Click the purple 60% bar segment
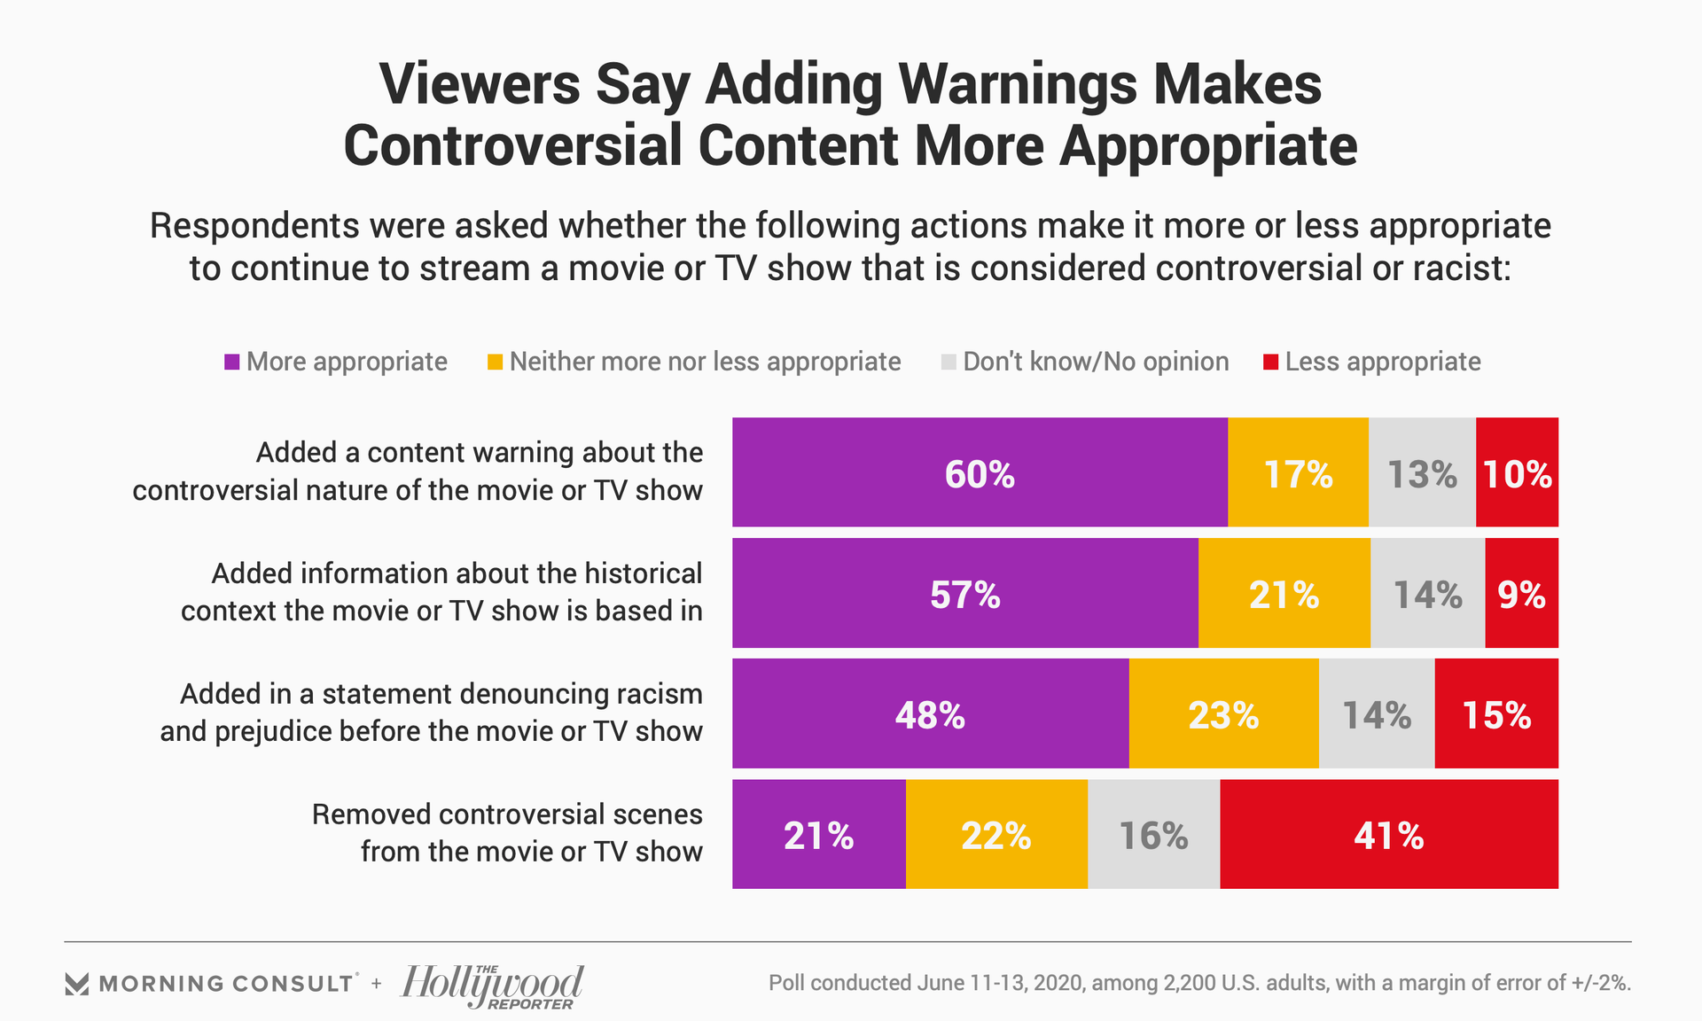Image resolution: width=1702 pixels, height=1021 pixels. (980, 472)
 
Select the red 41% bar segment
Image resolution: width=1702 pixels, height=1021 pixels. (1388, 834)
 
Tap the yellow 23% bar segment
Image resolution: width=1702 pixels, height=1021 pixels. (1223, 713)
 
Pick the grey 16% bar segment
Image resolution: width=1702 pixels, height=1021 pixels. (1153, 834)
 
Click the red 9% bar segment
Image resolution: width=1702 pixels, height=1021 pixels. (1521, 593)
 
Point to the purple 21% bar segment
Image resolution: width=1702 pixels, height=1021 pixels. (818, 834)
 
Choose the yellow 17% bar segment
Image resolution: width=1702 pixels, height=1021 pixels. (1298, 472)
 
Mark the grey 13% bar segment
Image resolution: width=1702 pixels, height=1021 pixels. (1422, 472)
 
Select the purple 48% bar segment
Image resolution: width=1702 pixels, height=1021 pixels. (930, 713)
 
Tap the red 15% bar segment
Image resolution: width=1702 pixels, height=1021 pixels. (1496, 713)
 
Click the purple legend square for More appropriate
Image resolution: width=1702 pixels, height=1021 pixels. (232, 362)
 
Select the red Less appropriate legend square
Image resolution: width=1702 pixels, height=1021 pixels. (1270, 362)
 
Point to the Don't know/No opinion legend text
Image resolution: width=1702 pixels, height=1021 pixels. (1096, 362)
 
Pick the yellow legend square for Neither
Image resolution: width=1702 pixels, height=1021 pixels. (496, 362)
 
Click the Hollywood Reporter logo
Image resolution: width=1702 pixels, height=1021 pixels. (492, 986)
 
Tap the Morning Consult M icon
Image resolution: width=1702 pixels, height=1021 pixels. (77, 984)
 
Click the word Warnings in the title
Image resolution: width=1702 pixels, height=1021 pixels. (1017, 85)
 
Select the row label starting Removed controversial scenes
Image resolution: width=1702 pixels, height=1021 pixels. (507, 832)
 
